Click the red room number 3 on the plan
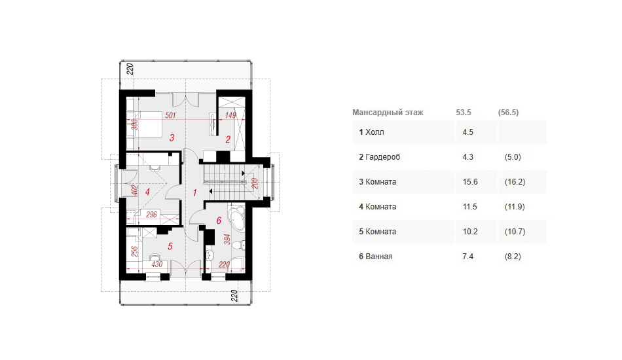coord(172,138)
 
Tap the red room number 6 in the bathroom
coord(219,221)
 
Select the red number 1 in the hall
coord(194,192)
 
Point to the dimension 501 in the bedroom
coord(171,115)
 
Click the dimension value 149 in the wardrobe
coord(230,115)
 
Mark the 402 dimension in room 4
coord(134,190)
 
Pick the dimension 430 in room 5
coord(156,264)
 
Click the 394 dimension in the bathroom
coord(227,240)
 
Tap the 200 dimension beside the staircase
coord(255,183)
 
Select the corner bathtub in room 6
coord(237,217)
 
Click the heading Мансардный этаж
coord(388,113)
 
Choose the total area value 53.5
coord(464,113)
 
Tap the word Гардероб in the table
coord(383,157)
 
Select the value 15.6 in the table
coord(470,182)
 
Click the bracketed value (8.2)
coord(513,257)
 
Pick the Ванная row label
coord(379,257)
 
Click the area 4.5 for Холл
coord(467,132)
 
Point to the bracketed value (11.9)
coord(515,207)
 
